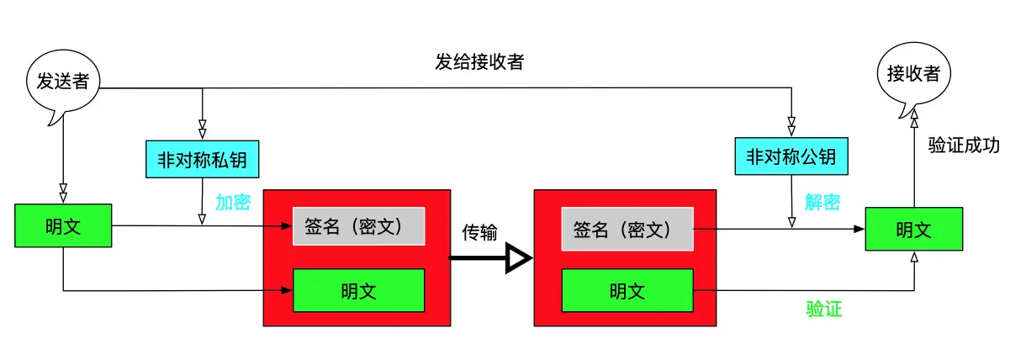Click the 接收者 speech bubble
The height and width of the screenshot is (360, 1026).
(913, 74)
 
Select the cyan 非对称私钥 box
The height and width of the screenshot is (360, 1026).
(202, 157)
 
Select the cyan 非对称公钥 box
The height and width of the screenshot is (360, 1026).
(791, 156)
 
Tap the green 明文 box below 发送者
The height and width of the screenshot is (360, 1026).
(63, 226)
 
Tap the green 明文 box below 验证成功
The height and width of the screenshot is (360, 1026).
(913, 229)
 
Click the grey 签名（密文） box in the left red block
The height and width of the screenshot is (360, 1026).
(358, 226)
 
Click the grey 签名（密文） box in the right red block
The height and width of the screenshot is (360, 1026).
(627, 229)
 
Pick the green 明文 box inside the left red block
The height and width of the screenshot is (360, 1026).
(358, 291)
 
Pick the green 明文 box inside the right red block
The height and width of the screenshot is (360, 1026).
(627, 291)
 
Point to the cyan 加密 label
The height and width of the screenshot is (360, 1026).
(233, 203)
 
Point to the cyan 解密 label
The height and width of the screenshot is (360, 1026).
(822, 203)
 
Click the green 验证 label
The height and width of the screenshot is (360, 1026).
(824, 310)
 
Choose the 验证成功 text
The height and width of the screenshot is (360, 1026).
(964, 145)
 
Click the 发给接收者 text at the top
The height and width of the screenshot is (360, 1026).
(479, 61)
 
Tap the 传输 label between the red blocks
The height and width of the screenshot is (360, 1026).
(480, 232)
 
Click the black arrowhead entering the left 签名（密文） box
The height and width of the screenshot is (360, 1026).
(286, 226)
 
